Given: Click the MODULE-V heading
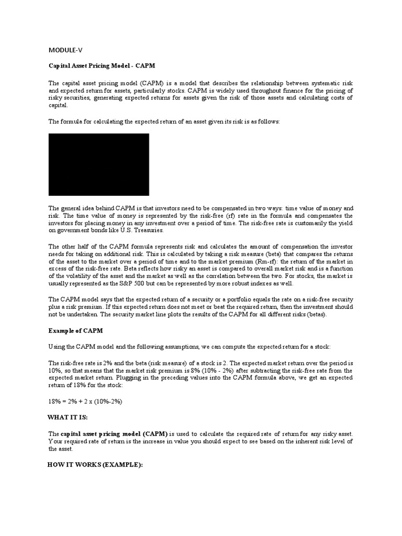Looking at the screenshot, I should coord(65,50).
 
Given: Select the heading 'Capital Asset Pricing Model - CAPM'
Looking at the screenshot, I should coord(102,66).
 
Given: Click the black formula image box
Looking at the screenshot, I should coord(99,164).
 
